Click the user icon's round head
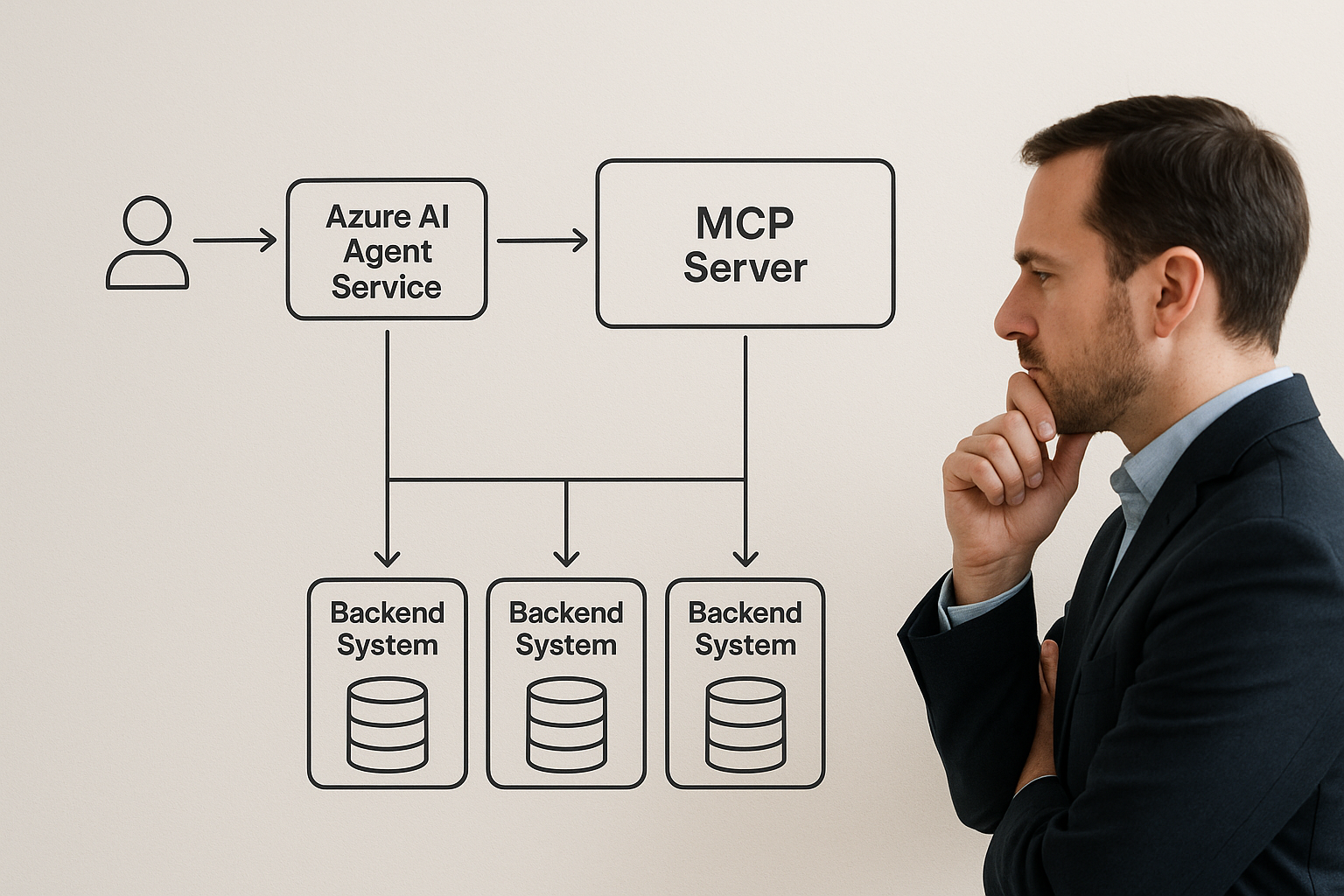(x=147, y=220)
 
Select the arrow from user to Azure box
(x=234, y=240)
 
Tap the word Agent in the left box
(x=387, y=251)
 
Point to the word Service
(x=386, y=287)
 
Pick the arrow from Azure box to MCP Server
(x=542, y=240)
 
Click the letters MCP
(x=745, y=223)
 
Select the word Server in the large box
(x=745, y=268)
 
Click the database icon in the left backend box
(x=387, y=724)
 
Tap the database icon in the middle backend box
(x=566, y=724)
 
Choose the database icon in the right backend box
(x=745, y=724)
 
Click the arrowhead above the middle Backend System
(x=566, y=557)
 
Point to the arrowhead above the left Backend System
(x=387, y=557)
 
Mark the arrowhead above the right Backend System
(x=745, y=557)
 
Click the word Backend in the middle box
(x=566, y=612)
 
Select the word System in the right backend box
(x=745, y=646)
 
